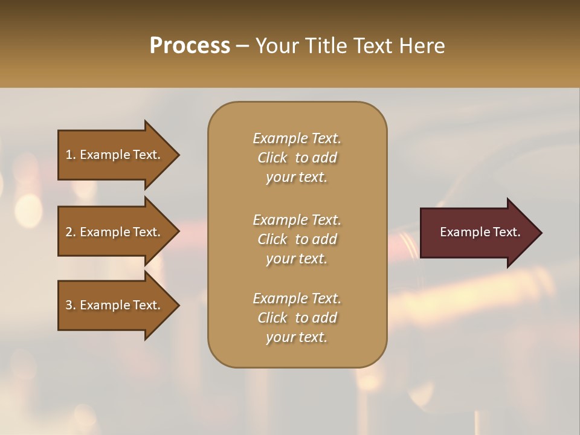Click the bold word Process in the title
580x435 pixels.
(x=190, y=46)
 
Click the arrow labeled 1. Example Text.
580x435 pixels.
(x=115, y=155)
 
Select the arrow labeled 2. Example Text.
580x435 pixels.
(x=115, y=232)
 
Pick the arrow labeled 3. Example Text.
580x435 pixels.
(x=115, y=305)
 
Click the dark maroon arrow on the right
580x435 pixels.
(x=477, y=232)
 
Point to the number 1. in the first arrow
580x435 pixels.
(x=71, y=155)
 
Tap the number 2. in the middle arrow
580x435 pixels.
(x=71, y=232)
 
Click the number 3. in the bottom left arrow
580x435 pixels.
(x=71, y=305)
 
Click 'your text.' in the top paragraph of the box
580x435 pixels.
(x=297, y=177)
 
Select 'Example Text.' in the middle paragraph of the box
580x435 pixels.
(x=297, y=219)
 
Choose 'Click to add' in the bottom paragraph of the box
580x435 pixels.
(x=297, y=318)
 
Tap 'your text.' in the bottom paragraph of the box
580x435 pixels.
(x=297, y=337)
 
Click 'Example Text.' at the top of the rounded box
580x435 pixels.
(x=297, y=138)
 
